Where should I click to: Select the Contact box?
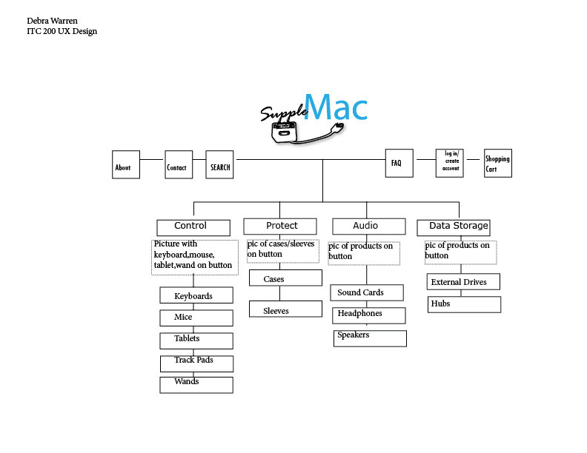coord(179,165)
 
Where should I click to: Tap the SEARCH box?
coord(220,165)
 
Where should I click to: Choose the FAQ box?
coord(397,163)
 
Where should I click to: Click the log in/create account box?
coord(451,163)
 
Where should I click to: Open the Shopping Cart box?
coord(497,164)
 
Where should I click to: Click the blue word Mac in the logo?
coord(336,107)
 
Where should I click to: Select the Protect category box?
coord(282,226)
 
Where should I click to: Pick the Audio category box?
coord(368,226)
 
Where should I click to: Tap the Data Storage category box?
coord(454,226)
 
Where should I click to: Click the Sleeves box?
coord(285,310)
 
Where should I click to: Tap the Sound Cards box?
coord(366,292)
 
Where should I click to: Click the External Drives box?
coord(463,281)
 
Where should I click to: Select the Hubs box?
coord(464,304)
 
